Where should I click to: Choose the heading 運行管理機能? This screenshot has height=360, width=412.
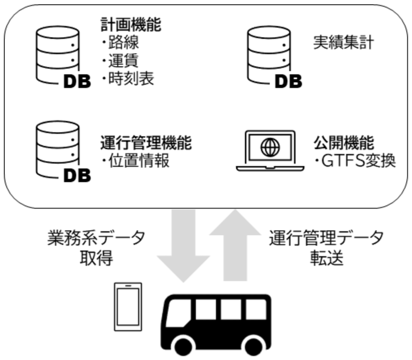pyautogui.click(x=146, y=143)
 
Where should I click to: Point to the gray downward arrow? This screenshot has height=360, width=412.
pyautogui.click(x=182, y=245)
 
